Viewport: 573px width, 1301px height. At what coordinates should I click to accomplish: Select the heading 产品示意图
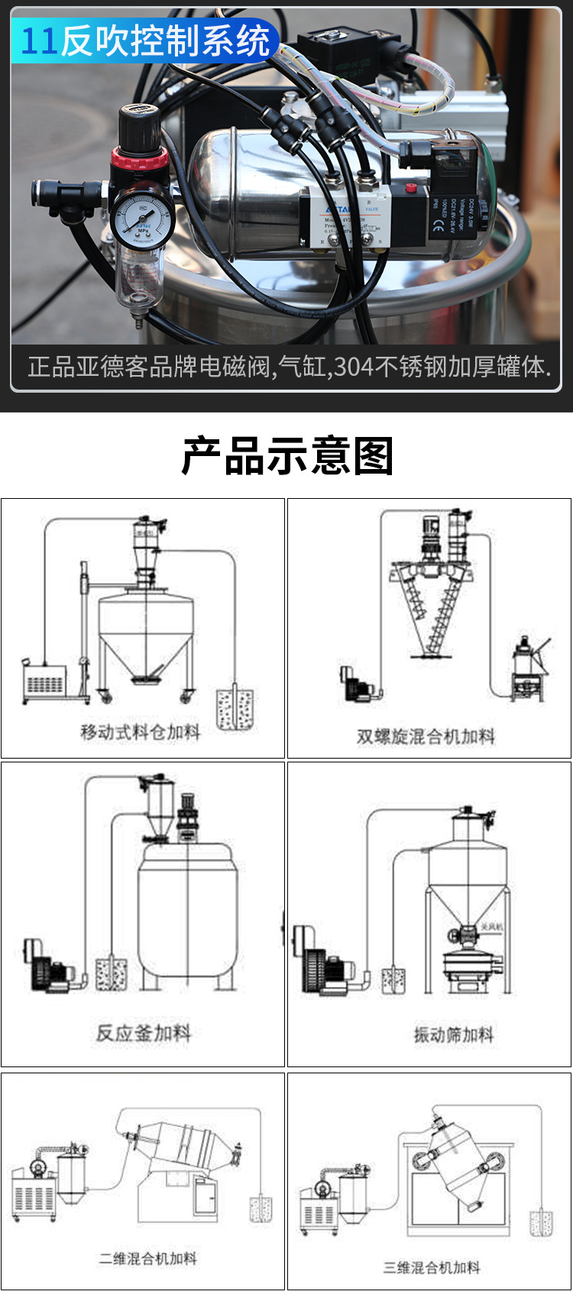pyautogui.click(x=286, y=457)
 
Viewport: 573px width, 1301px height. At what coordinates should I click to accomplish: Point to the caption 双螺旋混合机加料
pyautogui.click(x=426, y=736)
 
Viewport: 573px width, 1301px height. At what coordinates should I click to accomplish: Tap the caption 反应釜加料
pyautogui.click(x=143, y=1033)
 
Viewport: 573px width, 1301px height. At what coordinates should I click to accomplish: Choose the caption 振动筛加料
pyautogui.click(x=454, y=1034)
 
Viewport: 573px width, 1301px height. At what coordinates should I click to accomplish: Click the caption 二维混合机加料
pyautogui.click(x=147, y=1258)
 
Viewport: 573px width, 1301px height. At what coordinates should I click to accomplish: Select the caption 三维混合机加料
pyautogui.click(x=432, y=1267)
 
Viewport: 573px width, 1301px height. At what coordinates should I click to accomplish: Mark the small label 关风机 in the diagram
pyautogui.click(x=490, y=927)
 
